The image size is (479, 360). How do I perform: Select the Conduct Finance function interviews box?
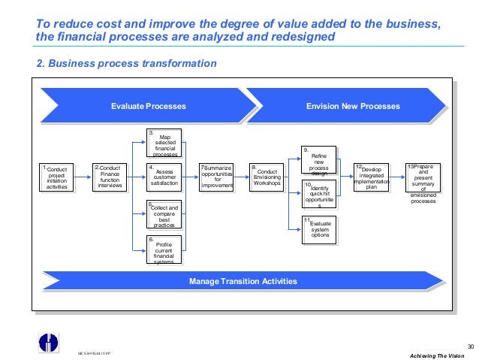pos(110,177)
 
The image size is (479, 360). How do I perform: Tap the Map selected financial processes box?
pos(164,144)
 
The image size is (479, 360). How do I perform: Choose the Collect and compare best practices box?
pos(164,214)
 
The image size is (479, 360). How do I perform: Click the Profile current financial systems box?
pos(164,250)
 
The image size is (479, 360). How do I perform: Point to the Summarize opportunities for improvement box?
pos(217,177)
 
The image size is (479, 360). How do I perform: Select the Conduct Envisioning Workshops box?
pos(267,177)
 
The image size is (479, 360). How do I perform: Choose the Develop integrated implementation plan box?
pos(371,177)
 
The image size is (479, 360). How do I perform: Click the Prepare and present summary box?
pos(423,183)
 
